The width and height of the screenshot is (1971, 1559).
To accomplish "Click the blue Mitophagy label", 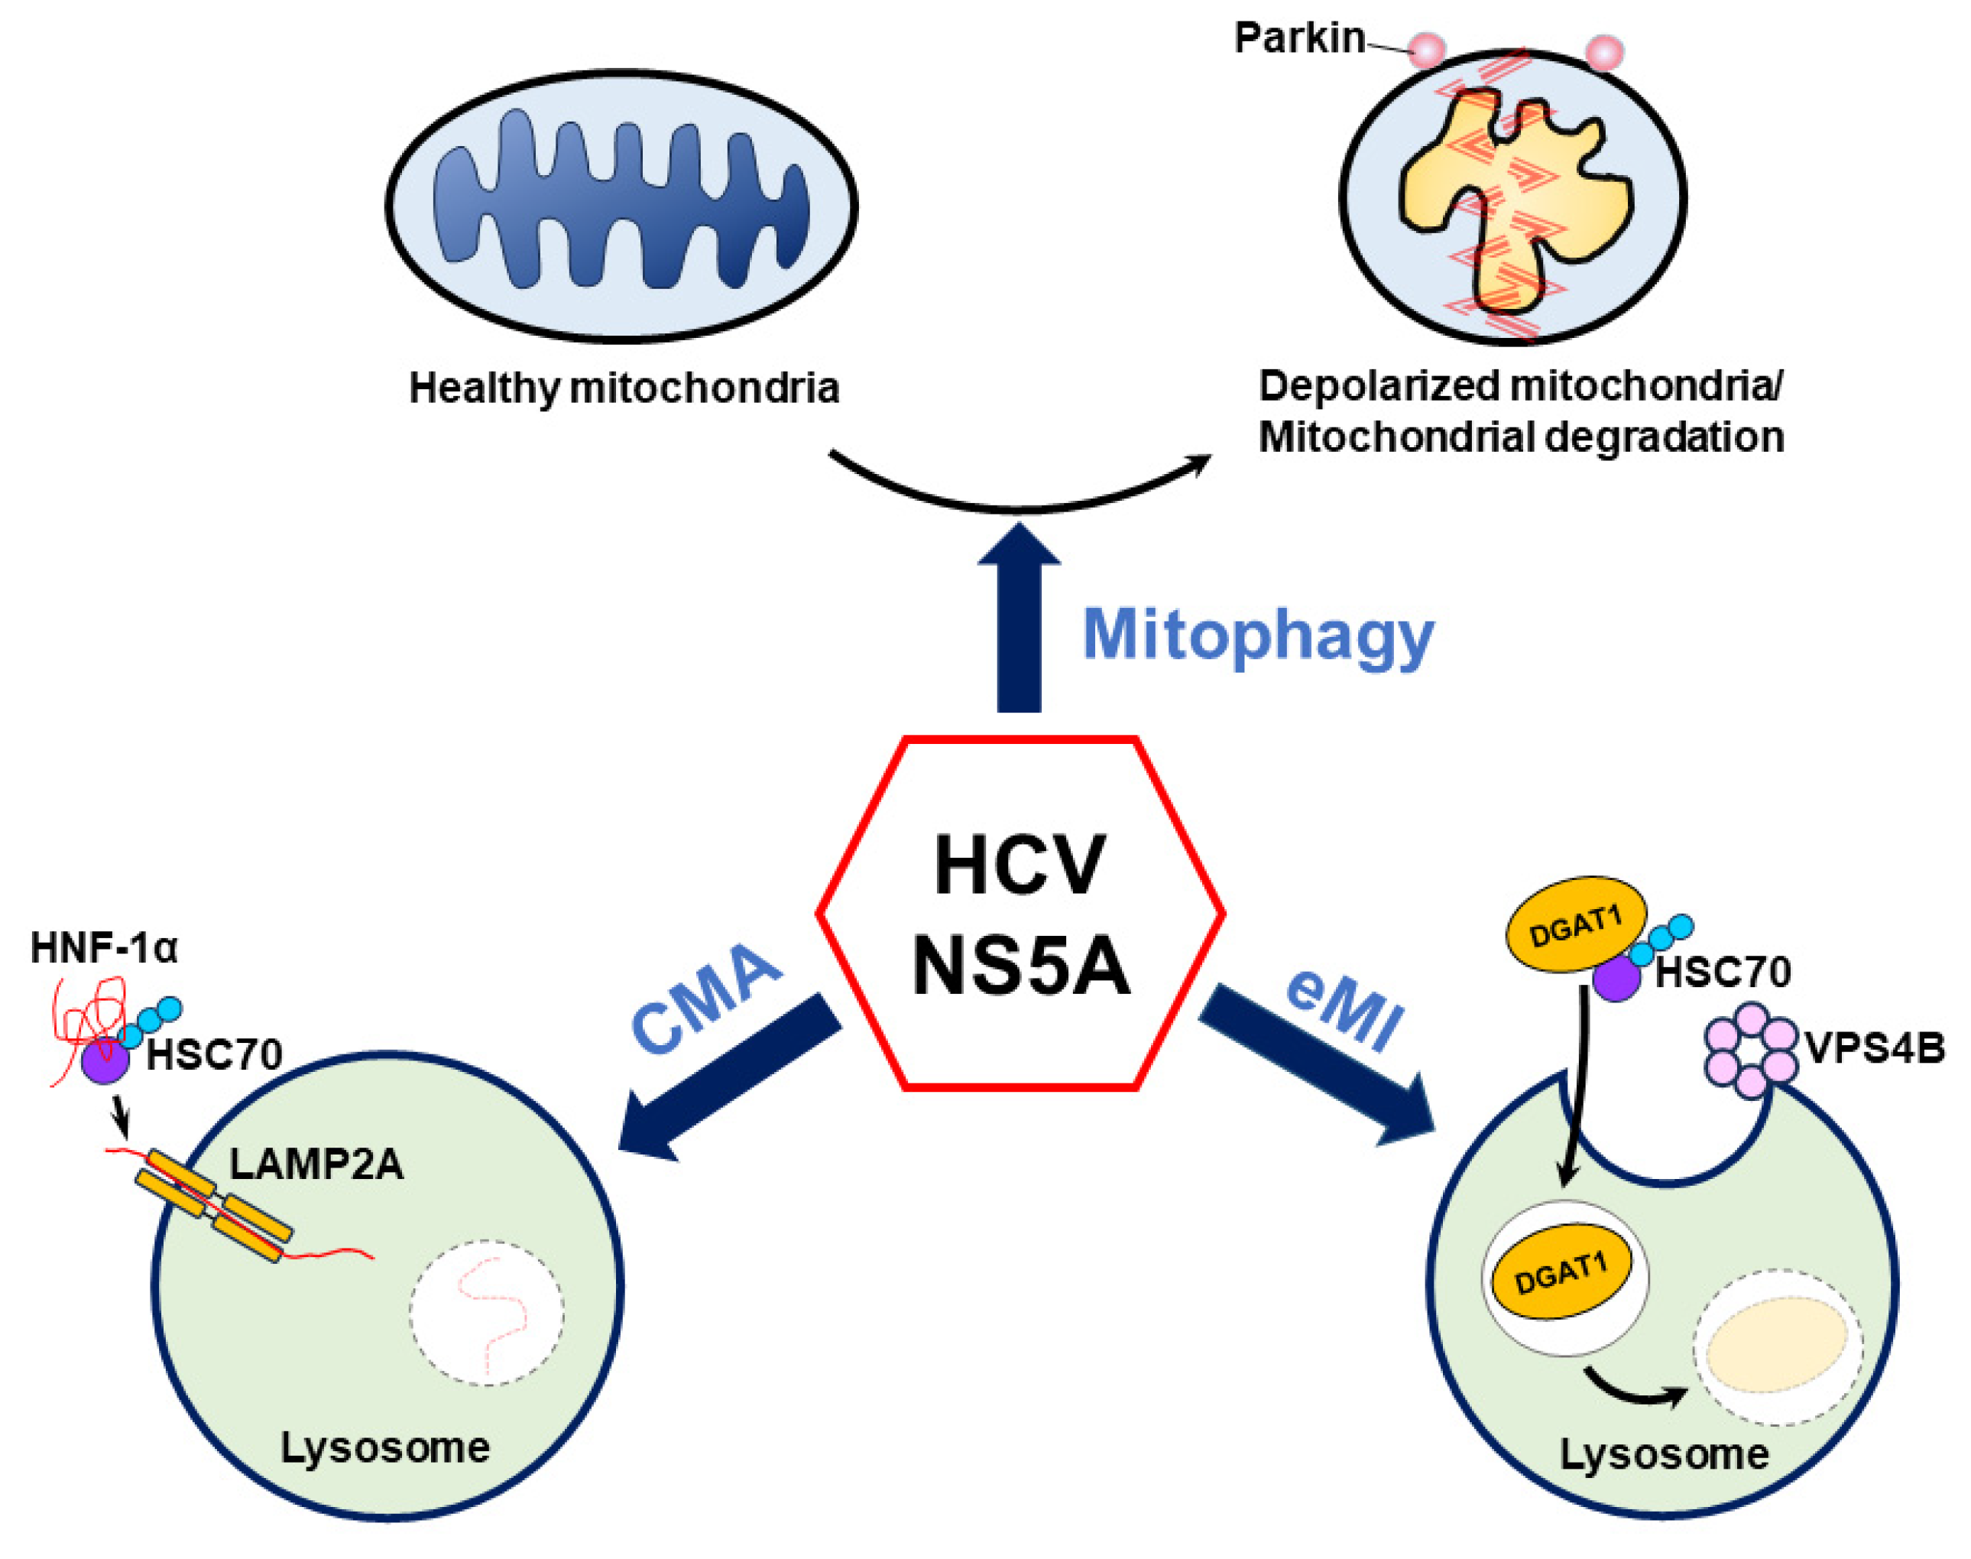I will click(1256, 635).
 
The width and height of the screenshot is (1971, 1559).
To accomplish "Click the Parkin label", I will click(1298, 38).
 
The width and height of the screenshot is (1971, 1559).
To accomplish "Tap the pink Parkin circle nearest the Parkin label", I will click(1426, 50).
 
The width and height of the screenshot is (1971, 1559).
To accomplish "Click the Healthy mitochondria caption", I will click(623, 388).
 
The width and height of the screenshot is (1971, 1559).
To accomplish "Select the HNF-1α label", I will click(103, 947).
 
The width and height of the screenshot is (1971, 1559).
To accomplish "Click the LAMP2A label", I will click(316, 1164).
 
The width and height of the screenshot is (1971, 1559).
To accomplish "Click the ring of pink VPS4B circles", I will click(1750, 1050).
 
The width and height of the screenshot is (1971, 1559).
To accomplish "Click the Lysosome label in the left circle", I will click(384, 1447).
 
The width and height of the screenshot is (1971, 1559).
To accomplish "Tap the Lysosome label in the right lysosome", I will click(1664, 1454).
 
